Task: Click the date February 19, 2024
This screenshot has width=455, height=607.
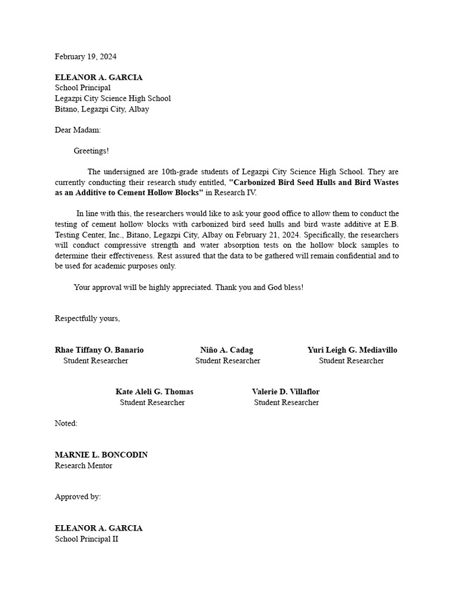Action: [x=85, y=57]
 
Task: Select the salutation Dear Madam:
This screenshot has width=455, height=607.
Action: [x=78, y=130]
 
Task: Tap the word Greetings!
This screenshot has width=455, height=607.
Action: [x=91, y=151]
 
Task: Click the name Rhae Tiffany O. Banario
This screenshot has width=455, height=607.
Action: [x=99, y=350]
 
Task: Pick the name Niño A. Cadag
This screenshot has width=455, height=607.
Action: [x=226, y=350]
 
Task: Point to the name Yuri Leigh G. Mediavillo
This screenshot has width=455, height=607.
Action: [x=352, y=350]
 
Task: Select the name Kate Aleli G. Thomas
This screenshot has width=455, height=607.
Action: [x=154, y=392]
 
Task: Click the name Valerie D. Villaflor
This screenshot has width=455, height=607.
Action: [x=286, y=392]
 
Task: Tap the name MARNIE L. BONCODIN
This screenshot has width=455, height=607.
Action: [x=101, y=455]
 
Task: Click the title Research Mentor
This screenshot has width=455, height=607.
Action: [x=84, y=466]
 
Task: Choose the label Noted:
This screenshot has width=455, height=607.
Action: [x=66, y=423]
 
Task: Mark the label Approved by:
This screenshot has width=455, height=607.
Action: [x=78, y=497]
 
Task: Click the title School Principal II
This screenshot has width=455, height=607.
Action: [x=86, y=539]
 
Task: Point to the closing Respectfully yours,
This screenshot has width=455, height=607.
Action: [x=87, y=318]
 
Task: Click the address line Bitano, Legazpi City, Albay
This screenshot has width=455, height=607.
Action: [x=102, y=109]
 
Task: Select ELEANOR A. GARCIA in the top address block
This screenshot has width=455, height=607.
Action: [x=98, y=78]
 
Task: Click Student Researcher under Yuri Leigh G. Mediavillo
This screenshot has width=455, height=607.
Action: [x=351, y=360]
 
